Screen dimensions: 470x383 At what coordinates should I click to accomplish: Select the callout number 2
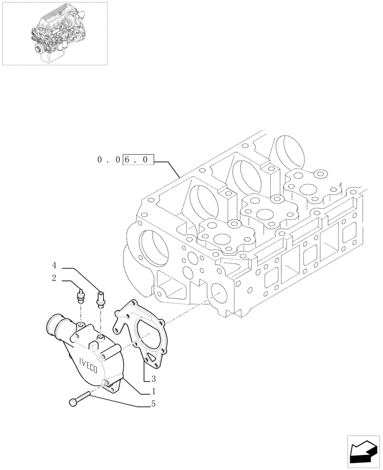54,278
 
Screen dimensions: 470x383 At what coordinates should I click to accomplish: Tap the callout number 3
153,378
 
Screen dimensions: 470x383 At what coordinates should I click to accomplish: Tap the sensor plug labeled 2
79,297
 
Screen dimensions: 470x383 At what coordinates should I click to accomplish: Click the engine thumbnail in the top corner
54,33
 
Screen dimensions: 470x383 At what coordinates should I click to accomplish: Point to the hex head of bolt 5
73,402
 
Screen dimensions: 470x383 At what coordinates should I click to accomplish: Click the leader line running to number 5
117,400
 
